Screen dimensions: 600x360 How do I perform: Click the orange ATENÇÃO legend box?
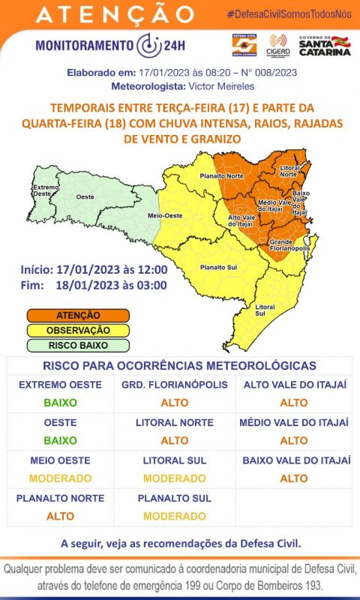coord(78,316)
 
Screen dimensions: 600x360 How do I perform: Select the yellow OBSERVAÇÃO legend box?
coord(78,331)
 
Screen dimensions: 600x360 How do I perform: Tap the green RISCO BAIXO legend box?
coord(78,346)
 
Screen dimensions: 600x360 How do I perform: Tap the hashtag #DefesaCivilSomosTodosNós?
coord(289,15)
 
